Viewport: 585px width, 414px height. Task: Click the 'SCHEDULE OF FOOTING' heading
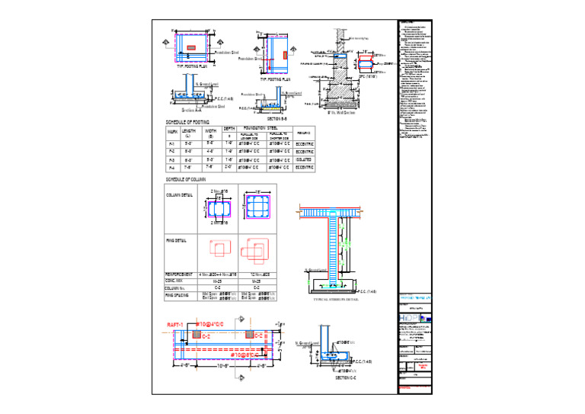(x=187, y=122)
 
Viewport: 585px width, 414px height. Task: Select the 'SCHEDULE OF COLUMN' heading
(x=187, y=178)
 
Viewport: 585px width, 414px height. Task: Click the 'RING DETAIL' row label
(x=177, y=240)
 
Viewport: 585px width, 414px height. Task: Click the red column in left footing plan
(x=191, y=47)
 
